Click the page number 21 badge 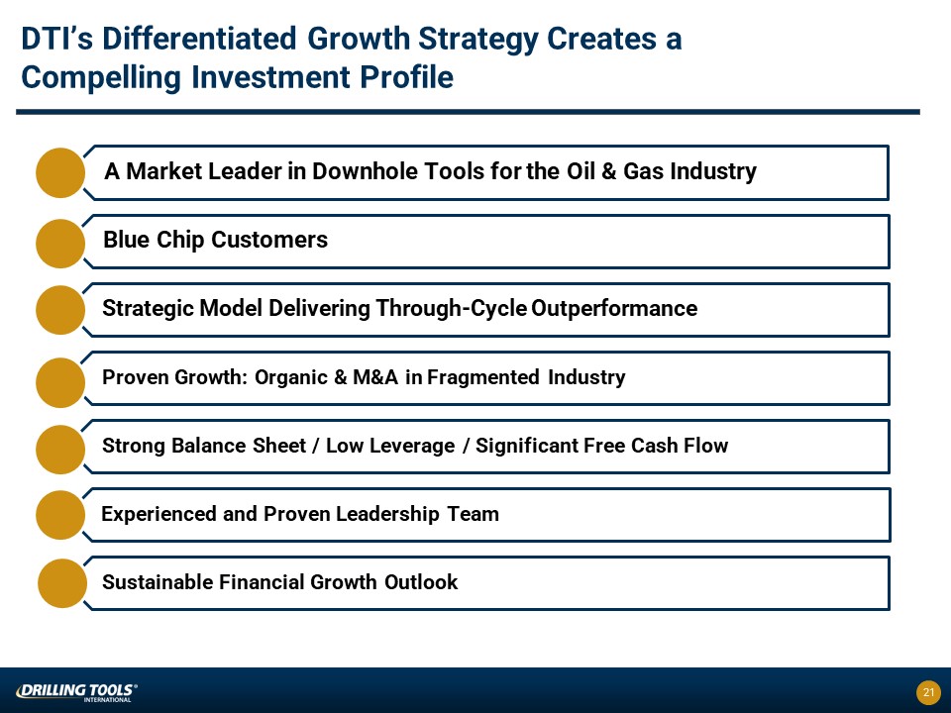tap(928, 692)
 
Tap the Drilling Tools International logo tap(76, 692)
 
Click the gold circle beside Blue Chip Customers tap(60, 244)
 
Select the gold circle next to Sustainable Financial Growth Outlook tap(61, 583)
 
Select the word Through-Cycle tap(452, 308)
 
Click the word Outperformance tap(614, 308)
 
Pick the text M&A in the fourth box tap(375, 377)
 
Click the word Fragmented tap(483, 377)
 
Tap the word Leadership tap(387, 514)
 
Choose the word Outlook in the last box tap(421, 582)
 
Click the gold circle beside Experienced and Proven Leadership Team tap(60, 515)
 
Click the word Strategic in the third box tap(148, 308)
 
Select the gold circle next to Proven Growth tap(60, 382)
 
